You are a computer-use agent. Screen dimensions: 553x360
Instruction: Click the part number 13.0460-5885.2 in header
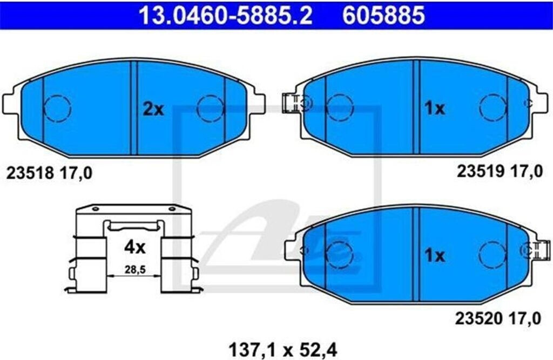[225, 15]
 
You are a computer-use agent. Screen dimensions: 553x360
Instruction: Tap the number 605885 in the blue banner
[383, 15]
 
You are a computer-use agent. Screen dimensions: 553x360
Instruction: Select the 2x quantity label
[153, 110]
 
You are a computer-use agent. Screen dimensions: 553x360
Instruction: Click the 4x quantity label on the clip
[134, 247]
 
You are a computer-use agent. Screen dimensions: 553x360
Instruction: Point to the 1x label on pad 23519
[435, 108]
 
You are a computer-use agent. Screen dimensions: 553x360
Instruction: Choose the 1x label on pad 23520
[435, 255]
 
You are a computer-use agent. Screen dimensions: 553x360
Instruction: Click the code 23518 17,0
[49, 173]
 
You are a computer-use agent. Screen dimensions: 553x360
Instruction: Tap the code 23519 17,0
[500, 171]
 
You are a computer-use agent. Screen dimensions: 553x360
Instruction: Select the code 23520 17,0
[497, 319]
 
